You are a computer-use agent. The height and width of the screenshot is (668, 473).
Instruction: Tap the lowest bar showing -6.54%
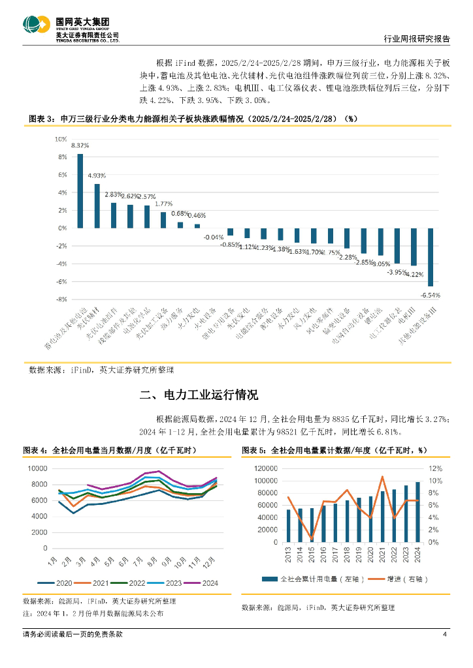(x=431, y=257)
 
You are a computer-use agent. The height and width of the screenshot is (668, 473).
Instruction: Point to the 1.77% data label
(x=163, y=204)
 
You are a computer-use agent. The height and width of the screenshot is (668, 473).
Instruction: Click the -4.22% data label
(x=413, y=274)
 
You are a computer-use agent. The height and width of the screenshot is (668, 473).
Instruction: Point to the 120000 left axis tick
(x=267, y=468)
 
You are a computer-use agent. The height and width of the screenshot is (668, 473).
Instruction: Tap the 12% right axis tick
(x=434, y=468)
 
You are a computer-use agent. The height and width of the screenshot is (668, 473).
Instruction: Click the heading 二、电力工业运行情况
(x=199, y=395)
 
